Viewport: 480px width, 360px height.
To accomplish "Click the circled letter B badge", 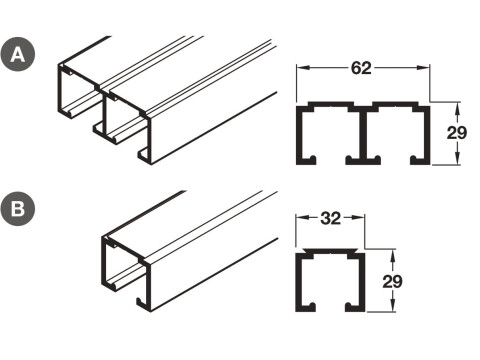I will pos(17,211).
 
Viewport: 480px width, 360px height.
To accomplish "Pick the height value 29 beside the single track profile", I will pos(393,282).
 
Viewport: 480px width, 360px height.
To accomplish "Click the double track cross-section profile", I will pos(363,132).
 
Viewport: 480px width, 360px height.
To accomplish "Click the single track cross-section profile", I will pos(329,283).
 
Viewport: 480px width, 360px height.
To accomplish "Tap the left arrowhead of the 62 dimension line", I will pos(300,70).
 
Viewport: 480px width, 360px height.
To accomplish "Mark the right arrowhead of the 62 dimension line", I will pos(427,70).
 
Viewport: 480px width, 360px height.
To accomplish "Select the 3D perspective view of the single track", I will pos(180,255).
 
